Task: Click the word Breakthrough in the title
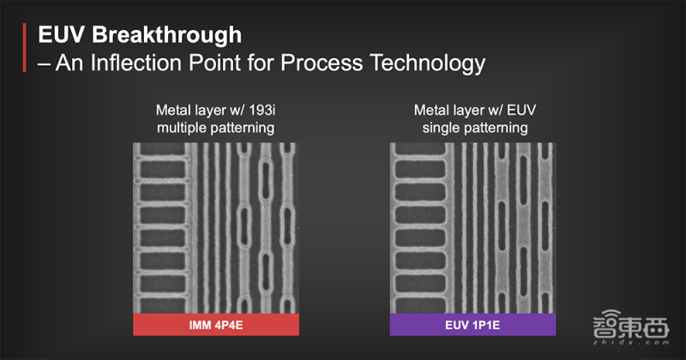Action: coord(166,35)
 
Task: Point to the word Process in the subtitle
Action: coord(322,63)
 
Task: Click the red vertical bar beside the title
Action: coord(25,47)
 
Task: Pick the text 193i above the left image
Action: coord(262,110)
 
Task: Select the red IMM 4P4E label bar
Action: coord(216,325)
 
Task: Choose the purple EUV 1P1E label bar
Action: coord(473,325)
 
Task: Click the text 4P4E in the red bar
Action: coord(228,325)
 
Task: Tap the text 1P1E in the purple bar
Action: coord(485,325)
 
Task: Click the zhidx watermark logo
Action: coord(631,327)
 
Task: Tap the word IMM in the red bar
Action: coord(200,325)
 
